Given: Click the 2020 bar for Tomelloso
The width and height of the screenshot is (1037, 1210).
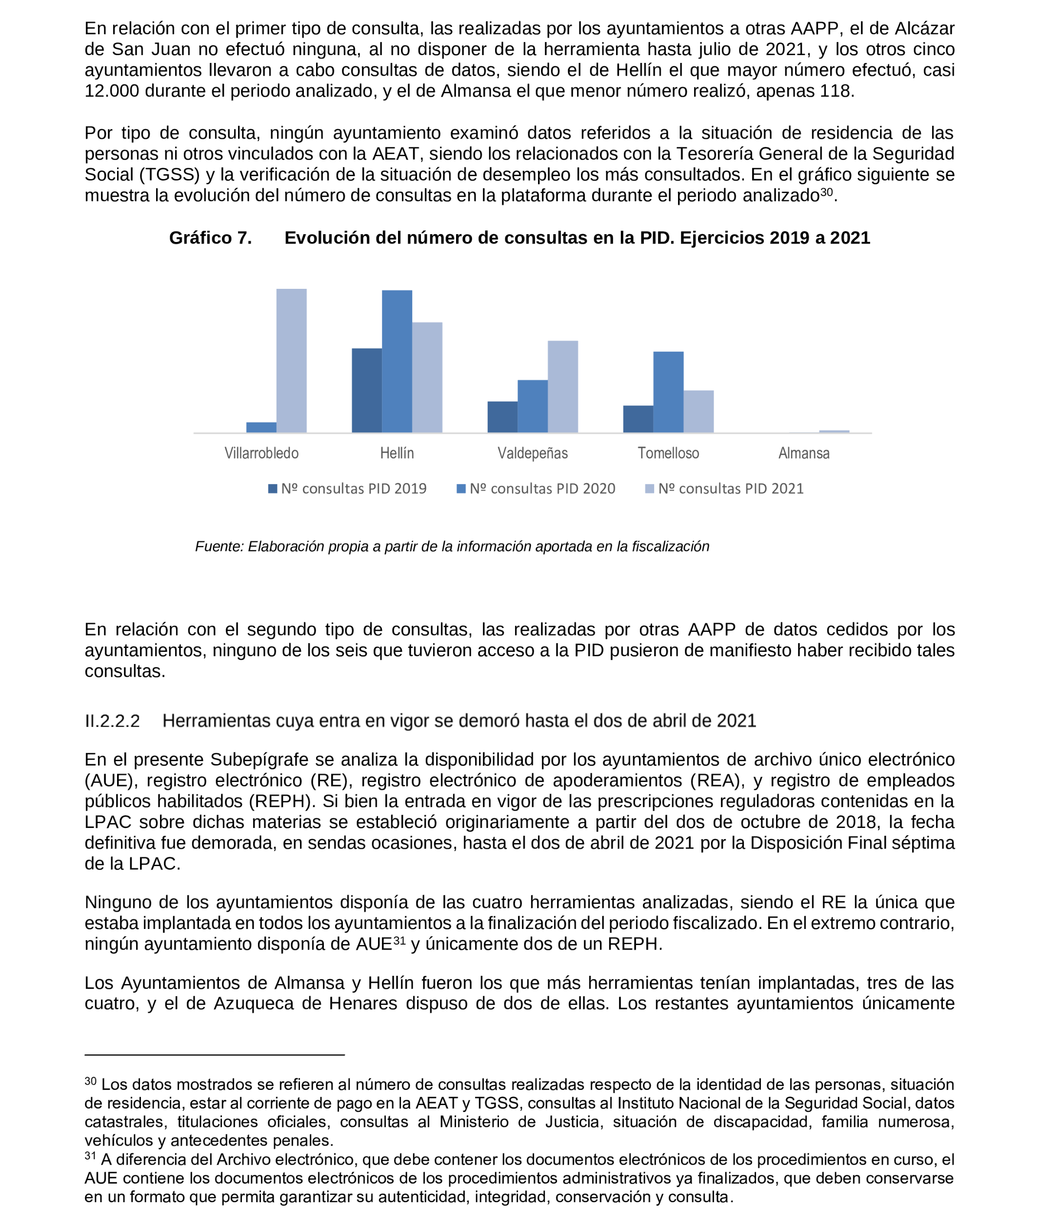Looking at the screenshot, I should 668,392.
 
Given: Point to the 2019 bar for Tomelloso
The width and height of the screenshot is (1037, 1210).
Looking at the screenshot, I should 638,419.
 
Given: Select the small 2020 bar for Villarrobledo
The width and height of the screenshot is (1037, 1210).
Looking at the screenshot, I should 261,427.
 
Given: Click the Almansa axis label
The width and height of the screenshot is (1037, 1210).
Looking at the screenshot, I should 803,453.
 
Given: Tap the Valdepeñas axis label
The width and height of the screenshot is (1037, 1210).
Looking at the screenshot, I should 532,453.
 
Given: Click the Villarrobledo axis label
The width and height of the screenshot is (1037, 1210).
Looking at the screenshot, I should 261,453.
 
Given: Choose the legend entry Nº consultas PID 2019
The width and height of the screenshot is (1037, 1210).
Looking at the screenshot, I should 347,489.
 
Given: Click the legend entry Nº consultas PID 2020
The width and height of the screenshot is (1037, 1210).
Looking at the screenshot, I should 536,489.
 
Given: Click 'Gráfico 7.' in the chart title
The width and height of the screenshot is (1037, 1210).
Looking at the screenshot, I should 210,238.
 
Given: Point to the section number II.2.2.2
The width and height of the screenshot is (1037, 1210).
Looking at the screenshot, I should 112,721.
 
